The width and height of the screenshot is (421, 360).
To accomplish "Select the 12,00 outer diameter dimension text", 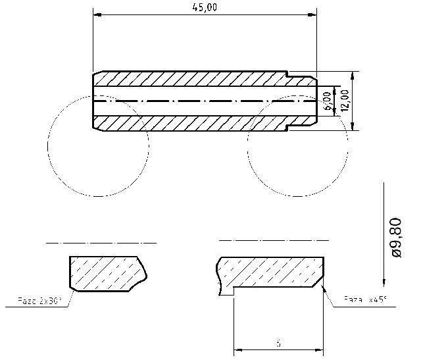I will click(345, 101).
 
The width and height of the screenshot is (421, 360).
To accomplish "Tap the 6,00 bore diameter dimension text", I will click(328, 101).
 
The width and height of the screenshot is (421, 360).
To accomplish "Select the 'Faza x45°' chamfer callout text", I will click(365, 301).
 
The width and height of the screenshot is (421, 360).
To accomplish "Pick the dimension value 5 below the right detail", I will click(278, 343).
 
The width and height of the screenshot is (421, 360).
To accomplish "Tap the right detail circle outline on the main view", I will click(248, 145).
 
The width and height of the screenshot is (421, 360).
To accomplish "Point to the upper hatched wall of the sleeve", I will click(191, 78).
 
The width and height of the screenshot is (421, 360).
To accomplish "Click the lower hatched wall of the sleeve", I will click(191, 122).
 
